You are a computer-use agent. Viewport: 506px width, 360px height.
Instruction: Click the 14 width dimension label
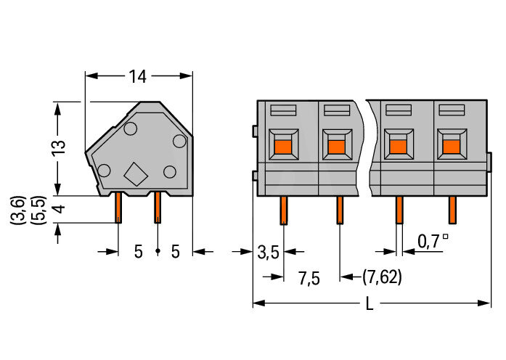[x=138, y=76]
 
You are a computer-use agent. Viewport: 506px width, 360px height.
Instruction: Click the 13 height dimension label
[x=59, y=148]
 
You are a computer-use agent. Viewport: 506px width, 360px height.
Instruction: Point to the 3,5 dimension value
[x=268, y=253]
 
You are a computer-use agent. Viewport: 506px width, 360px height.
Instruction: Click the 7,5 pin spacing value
[x=309, y=278]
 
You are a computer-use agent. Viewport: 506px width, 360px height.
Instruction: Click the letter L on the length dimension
[x=370, y=304]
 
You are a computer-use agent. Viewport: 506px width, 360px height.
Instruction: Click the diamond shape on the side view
[x=136, y=174]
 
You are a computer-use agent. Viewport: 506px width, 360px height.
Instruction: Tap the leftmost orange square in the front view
[x=284, y=147]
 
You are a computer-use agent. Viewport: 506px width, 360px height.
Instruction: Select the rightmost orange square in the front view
[x=452, y=146]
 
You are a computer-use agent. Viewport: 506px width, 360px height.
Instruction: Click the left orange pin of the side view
[x=118, y=208]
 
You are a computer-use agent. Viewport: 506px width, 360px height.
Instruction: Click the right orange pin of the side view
[x=158, y=208]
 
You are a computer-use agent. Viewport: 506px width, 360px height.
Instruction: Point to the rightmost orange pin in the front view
[x=452, y=210]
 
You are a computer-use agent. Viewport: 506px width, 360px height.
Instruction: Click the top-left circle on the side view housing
[x=131, y=128]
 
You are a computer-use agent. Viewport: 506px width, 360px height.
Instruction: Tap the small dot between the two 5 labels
[x=158, y=250]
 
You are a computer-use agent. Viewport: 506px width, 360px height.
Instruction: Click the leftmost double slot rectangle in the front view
[x=283, y=110]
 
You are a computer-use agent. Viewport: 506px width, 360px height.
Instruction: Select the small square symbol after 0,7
[x=445, y=236]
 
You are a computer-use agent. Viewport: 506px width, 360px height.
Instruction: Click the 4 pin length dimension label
[x=59, y=209]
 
